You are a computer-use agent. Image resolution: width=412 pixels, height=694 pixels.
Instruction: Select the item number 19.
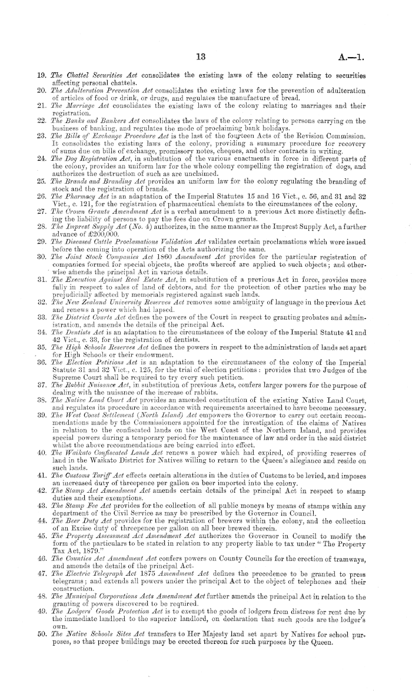tap(42, 77)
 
